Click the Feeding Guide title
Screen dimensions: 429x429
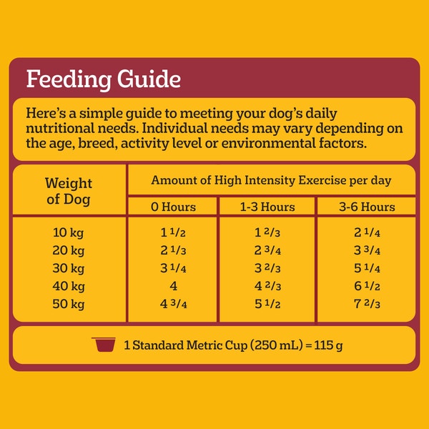103,79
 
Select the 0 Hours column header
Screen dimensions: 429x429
172,207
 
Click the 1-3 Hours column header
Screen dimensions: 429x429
266,207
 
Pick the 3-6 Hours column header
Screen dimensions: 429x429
366,207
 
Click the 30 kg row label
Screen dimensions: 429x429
69,269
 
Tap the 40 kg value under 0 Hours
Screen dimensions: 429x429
172,287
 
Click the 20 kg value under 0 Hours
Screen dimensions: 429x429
172,250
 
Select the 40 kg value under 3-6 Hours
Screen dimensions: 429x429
366,287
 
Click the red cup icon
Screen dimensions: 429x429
104,345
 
